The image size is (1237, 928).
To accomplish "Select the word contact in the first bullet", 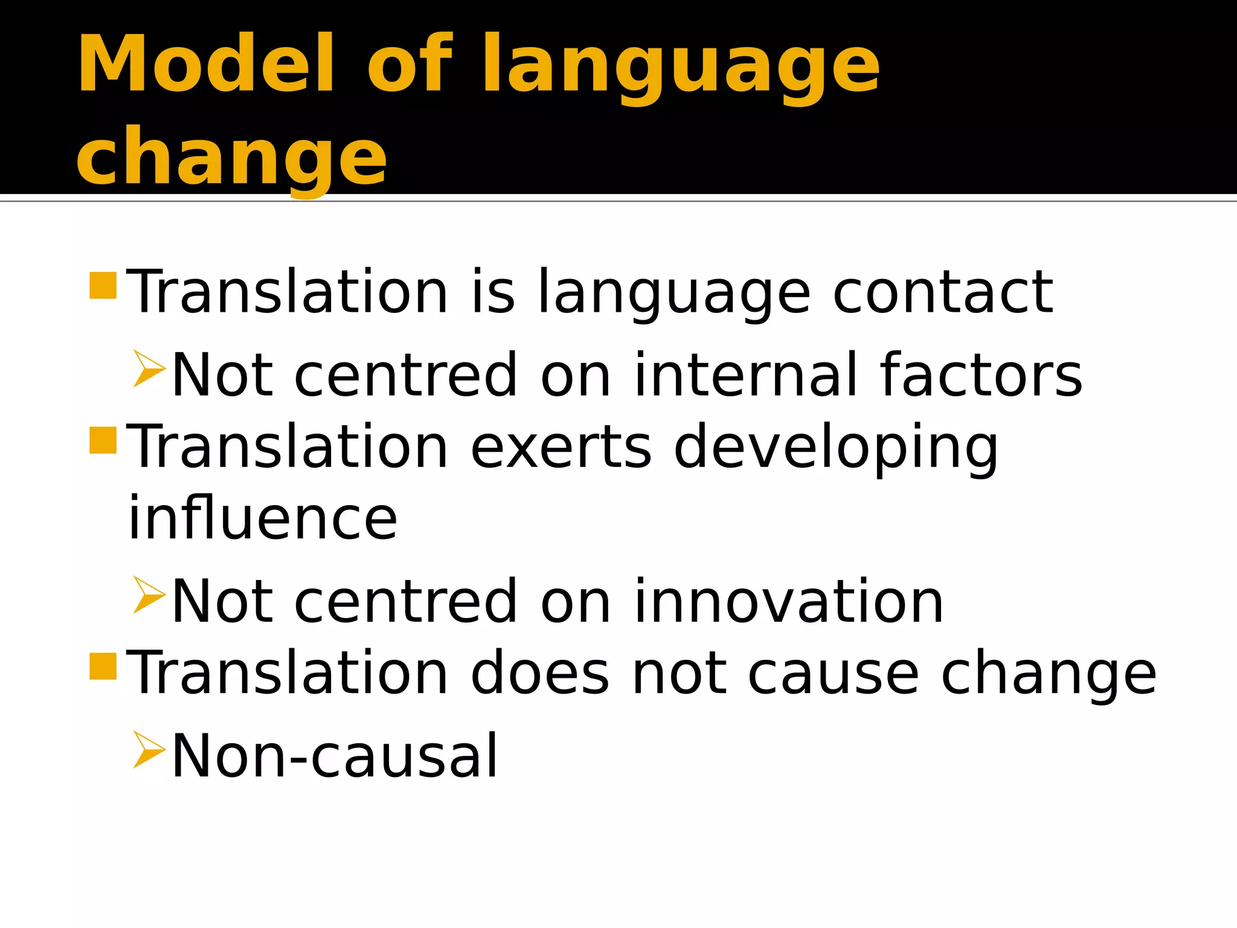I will tap(943, 292).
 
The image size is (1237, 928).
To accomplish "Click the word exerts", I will tap(561, 447).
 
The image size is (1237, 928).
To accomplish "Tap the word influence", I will tap(263, 518).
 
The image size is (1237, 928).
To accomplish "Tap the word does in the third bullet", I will tap(539, 673).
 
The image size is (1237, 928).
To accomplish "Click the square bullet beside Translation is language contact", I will tap(103, 286).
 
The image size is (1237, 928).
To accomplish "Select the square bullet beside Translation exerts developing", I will tap(103, 440).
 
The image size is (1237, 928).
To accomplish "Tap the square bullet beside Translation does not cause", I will tap(103, 666).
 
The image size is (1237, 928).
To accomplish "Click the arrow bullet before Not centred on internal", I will tap(149, 369).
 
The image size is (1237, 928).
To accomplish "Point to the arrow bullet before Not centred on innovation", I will tap(149, 594).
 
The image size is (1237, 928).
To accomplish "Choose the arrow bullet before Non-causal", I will tap(149, 749).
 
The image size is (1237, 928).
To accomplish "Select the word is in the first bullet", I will tap(493, 292).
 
